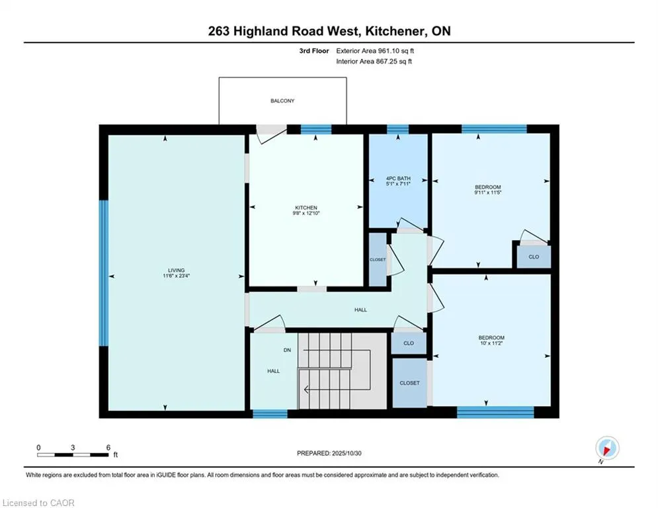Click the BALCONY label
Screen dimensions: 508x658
tap(282, 101)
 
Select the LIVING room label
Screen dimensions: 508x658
tap(176, 269)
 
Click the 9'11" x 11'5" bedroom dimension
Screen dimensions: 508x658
tap(487, 194)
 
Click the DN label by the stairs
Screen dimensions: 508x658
tap(288, 350)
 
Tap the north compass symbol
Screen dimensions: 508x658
tap(606, 448)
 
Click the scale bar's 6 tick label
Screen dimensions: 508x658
tap(108, 447)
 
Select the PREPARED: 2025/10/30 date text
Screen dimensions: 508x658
tap(329, 453)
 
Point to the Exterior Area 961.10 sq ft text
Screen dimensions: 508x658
tap(376, 50)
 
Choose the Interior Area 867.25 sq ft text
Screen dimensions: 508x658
tap(374, 62)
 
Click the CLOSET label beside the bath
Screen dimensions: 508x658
tap(378, 260)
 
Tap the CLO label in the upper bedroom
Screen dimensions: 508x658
tap(533, 257)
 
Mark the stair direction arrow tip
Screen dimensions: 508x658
tap(305, 390)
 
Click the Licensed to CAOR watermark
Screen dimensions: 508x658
tap(39, 503)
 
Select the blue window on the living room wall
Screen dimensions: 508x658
tap(103, 273)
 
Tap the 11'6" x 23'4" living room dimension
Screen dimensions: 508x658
tap(176, 276)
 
